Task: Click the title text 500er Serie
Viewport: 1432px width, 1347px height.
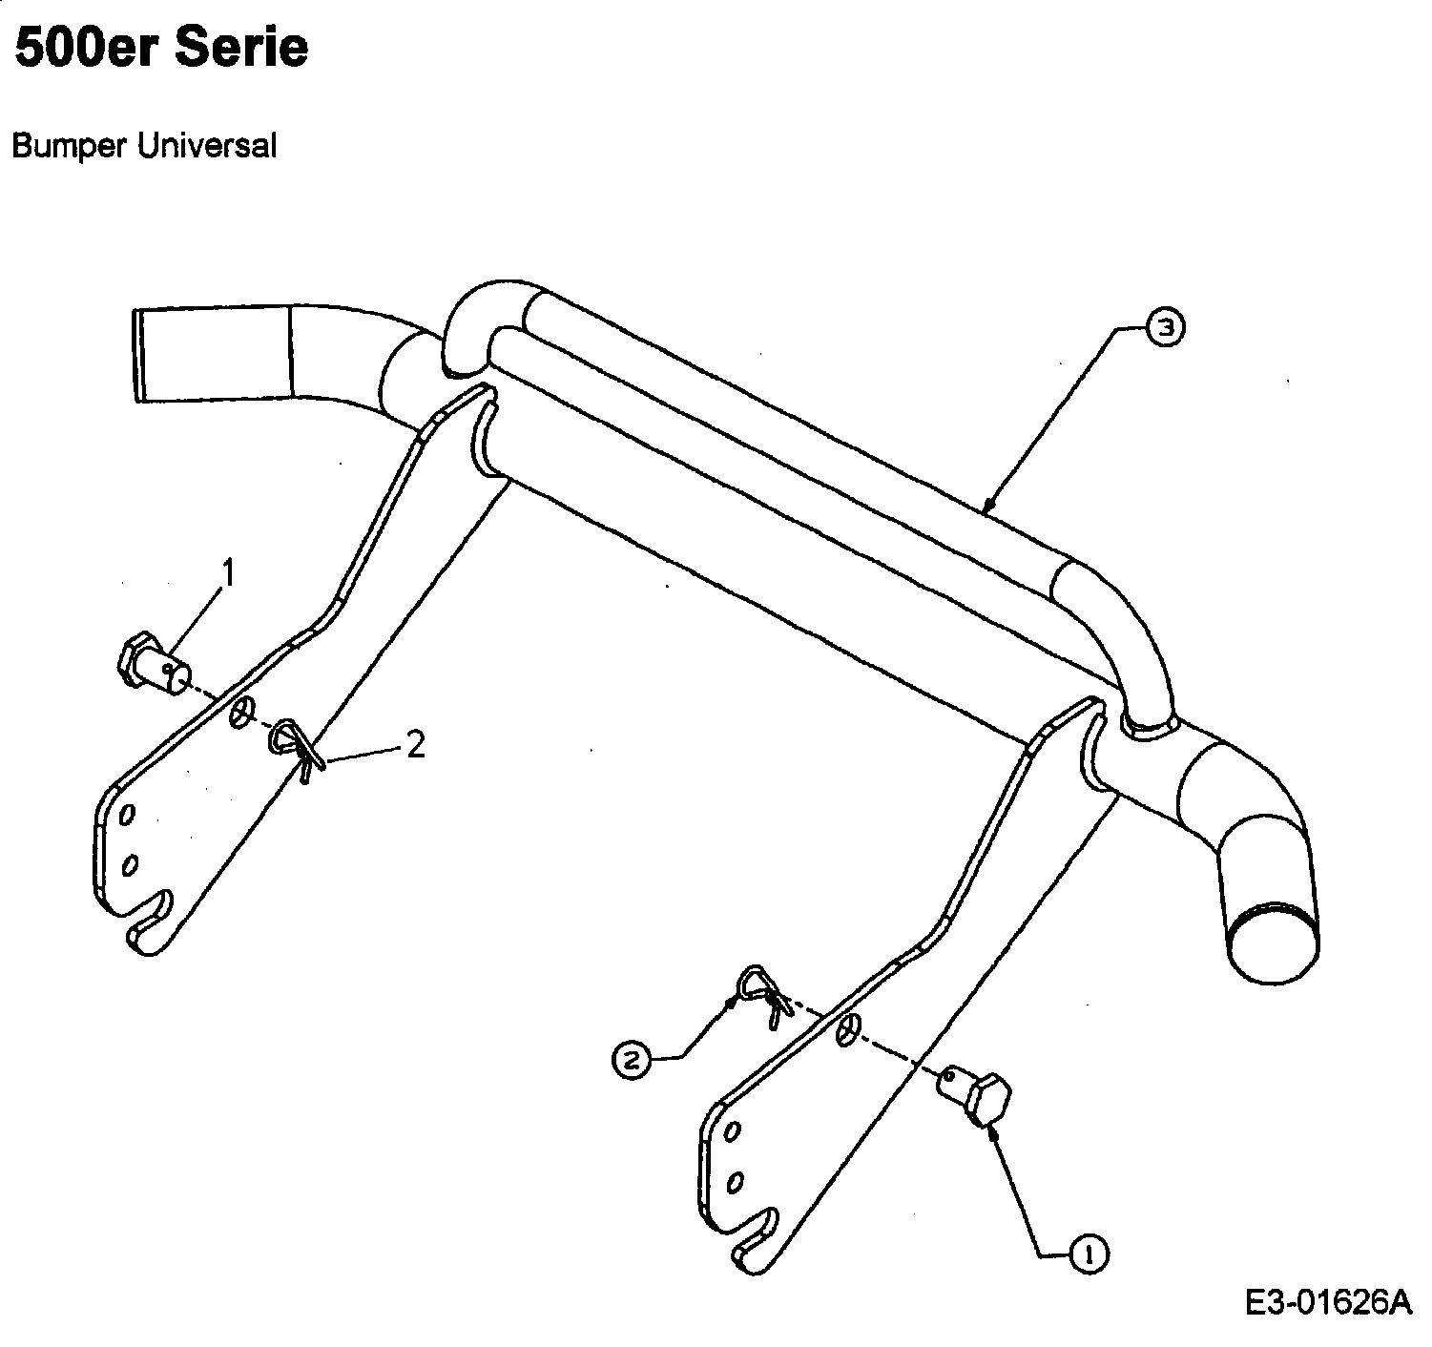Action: pos(161,49)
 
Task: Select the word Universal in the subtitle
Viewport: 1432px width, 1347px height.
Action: pos(207,145)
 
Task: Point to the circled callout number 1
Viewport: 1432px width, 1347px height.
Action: pos(1088,1255)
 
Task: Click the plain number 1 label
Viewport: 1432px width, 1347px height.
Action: pos(228,574)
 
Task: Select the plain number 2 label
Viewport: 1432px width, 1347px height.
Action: pos(415,745)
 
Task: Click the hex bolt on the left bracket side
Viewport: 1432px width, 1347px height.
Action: pos(154,664)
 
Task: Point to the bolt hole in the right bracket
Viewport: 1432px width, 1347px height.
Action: pos(848,1029)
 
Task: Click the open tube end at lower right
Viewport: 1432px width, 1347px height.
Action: pos(1274,951)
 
